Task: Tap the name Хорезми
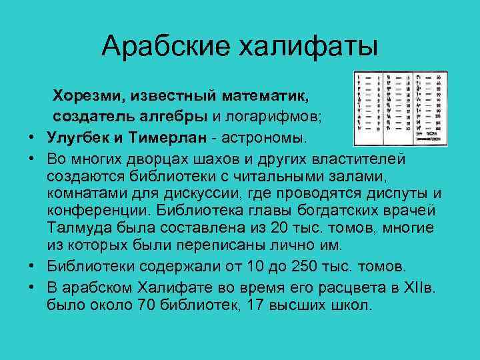(86, 97)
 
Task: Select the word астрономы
(267, 138)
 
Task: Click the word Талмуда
(77, 228)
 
